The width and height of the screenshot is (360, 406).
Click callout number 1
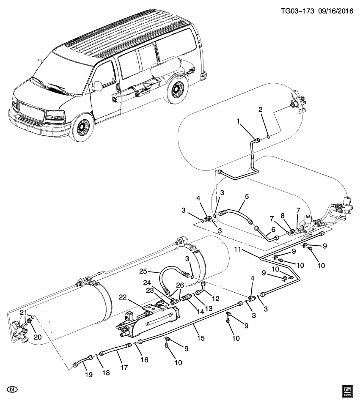click(239, 121)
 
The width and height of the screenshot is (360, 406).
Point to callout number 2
click(261, 110)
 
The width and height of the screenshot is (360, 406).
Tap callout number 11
click(238, 250)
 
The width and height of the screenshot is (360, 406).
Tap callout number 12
click(216, 299)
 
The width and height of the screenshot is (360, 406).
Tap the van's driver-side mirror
click(97, 85)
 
